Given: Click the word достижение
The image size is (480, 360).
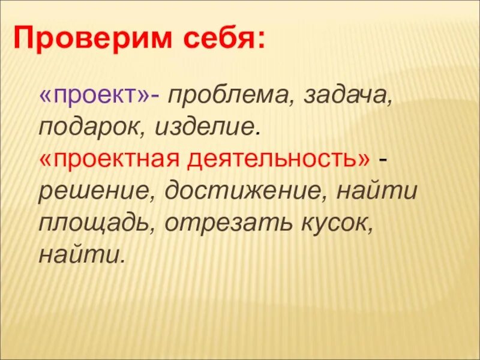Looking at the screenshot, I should tap(245, 191).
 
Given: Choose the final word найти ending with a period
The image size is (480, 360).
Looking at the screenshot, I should tap(82, 255).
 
